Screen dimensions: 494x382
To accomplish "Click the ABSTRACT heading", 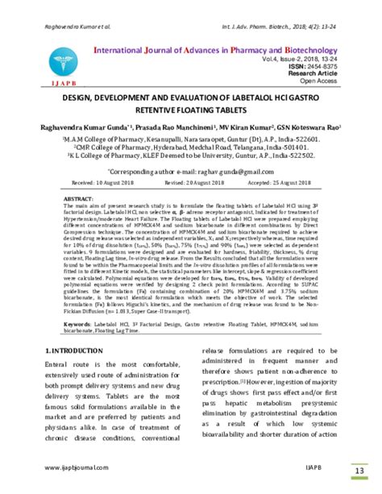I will (78, 198).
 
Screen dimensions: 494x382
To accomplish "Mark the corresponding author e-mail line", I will (190, 173).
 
